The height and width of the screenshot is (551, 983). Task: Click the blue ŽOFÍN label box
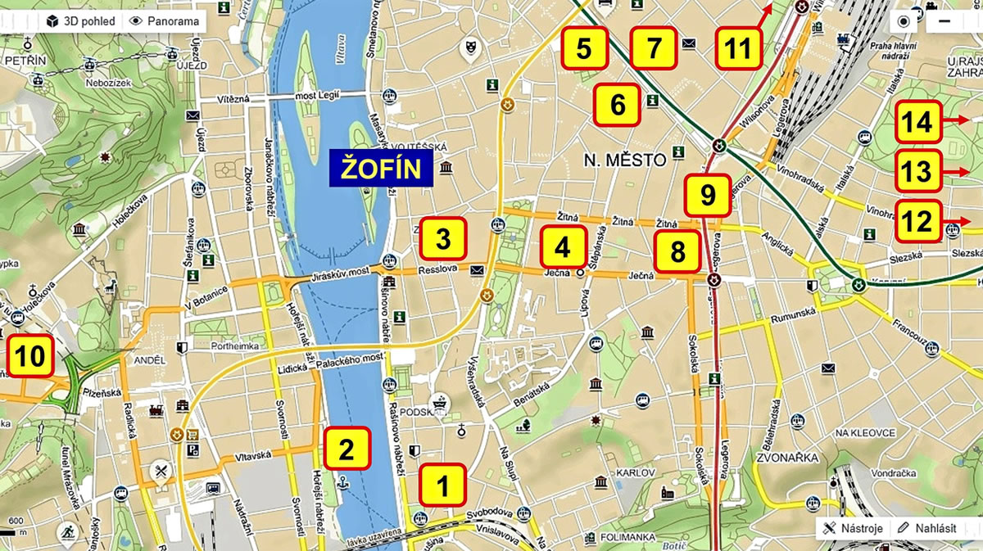point(382,169)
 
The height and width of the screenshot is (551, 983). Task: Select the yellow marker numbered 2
point(347,449)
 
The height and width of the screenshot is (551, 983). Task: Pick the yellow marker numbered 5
point(583,47)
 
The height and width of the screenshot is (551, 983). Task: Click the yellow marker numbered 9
point(708,195)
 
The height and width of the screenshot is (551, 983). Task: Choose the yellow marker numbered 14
point(917,122)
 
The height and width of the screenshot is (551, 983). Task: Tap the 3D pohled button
point(80,21)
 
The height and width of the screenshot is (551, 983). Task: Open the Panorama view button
point(163,21)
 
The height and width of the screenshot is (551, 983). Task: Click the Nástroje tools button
point(853,528)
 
